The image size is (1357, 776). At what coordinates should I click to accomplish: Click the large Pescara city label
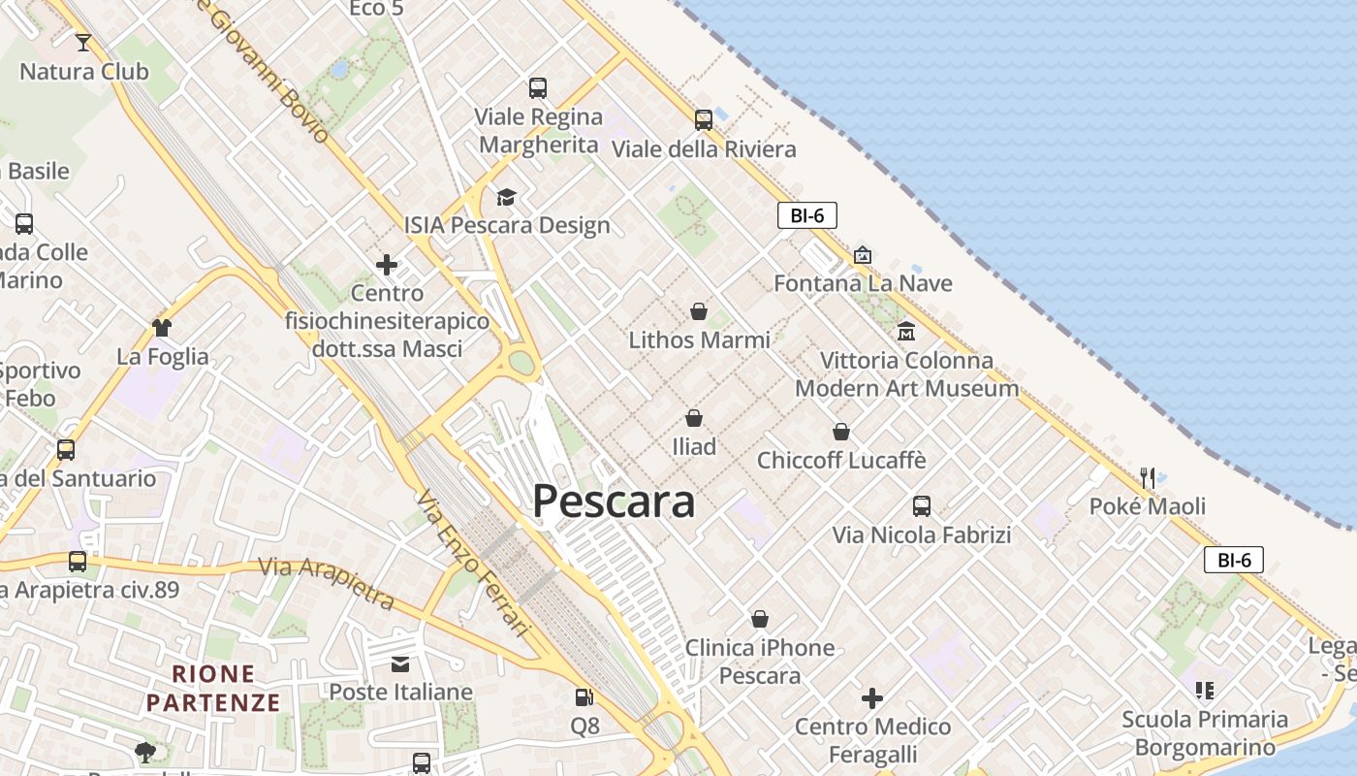point(614,501)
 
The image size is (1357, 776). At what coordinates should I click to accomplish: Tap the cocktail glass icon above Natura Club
point(83,42)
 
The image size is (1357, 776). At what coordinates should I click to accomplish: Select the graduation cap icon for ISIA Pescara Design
point(506,198)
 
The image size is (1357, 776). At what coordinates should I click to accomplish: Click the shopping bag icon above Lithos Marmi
point(698,311)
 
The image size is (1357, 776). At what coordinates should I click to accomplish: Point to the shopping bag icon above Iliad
point(694,418)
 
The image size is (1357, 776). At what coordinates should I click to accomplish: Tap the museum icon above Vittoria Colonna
point(906,331)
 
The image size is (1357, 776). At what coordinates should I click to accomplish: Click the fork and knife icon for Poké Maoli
point(1148,477)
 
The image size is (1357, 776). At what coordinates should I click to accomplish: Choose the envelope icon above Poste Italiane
point(400,663)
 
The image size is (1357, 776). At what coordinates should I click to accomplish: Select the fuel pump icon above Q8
point(584,697)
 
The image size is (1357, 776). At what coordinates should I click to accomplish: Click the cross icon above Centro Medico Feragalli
point(872,698)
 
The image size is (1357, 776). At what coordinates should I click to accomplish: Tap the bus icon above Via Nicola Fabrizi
point(921,506)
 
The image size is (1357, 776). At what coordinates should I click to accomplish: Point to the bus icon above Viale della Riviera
point(704,120)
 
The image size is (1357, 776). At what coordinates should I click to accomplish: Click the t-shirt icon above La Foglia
point(162,328)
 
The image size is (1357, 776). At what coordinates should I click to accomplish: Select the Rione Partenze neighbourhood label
point(213,688)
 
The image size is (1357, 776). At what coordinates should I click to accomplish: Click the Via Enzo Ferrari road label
point(473,564)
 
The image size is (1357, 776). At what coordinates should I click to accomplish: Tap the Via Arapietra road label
point(327,582)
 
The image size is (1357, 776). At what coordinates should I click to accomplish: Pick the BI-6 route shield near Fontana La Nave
point(806,215)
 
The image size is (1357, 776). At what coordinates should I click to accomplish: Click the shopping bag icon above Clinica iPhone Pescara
point(760,619)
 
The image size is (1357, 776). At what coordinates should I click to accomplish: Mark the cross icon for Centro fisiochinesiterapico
point(387,265)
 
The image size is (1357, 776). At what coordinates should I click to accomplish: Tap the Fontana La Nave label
point(863,283)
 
